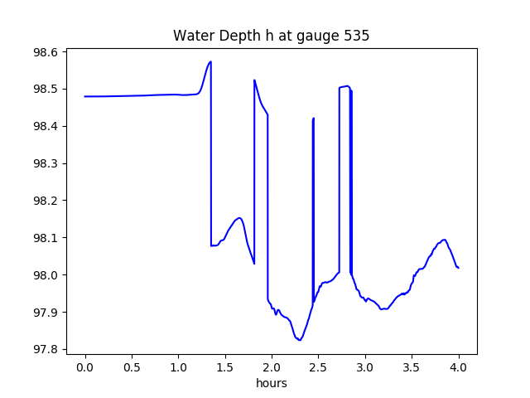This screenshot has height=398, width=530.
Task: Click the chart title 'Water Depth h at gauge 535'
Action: [x=271, y=36]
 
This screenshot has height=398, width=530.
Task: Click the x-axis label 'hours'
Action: [x=272, y=384]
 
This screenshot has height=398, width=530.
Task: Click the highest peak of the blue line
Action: [x=211, y=61]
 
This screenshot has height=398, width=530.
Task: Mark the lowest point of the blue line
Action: [x=299, y=340]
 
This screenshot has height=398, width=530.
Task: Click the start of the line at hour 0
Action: [x=85, y=96]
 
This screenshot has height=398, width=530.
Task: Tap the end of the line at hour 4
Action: [x=459, y=268]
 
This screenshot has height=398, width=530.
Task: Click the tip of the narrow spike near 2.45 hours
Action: [x=314, y=118]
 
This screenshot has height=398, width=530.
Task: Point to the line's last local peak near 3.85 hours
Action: [x=445, y=240]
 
